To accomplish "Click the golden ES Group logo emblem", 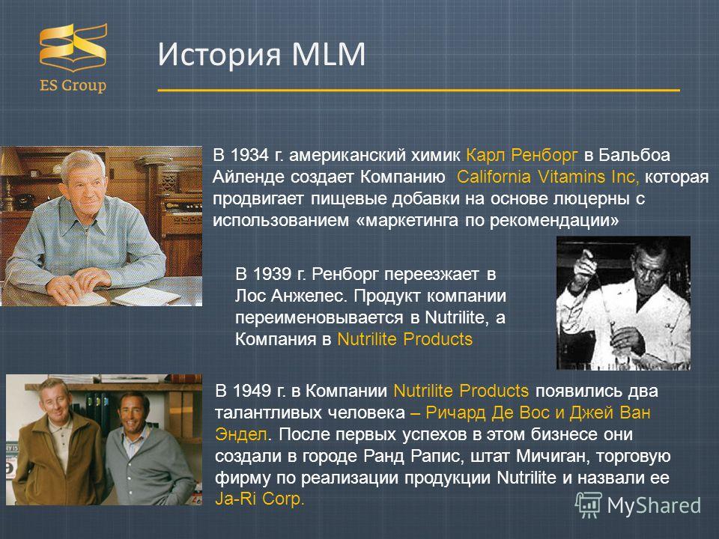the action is click(73, 47).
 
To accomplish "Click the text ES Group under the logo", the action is click(73, 85).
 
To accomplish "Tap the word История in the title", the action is click(219, 55).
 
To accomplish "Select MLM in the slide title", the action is click(328, 54).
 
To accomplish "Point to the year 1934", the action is click(249, 155).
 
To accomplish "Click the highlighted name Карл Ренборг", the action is click(522, 156).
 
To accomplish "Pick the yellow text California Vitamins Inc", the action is click(547, 177).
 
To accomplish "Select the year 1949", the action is click(252, 391).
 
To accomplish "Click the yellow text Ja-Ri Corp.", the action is click(260, 499).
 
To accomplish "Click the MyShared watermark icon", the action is click(589, 505).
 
